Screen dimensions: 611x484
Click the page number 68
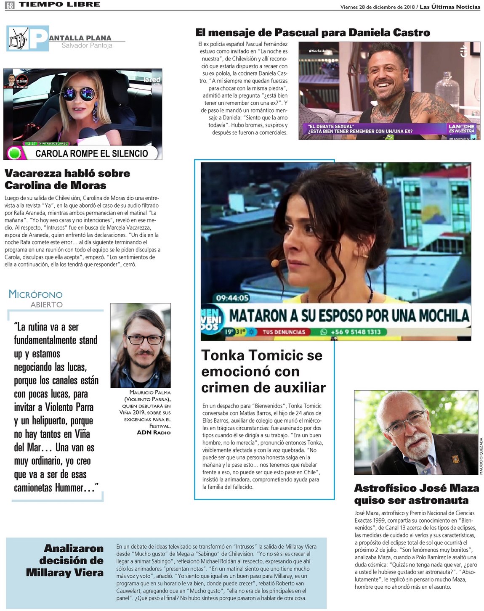click(x=9, y=5)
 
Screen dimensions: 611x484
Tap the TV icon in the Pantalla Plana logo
click(x=19, y=38)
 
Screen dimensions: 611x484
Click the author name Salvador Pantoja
click(x=87, y=45)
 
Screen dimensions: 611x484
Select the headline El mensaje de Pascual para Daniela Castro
click(x=313, y=32)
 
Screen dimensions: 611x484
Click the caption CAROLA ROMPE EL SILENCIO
click(x=91, y=153)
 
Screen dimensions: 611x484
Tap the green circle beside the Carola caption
click(x=15, y=153)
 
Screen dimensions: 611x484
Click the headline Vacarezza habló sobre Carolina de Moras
click(x=67, y=179)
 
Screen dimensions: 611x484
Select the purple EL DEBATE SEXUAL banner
click(x=375, y=129)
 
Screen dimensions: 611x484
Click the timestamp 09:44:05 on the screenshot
click(x=232, y=298)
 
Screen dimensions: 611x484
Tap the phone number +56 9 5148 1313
click(x=355, y=332)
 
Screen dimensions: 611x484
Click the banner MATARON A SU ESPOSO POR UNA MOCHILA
click(x=348, y=315)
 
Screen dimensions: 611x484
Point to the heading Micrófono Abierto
click(x=36, y=298)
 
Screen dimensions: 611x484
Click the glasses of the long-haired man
click(x=144, y=339)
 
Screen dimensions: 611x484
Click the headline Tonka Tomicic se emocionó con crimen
click(x=263, y=371)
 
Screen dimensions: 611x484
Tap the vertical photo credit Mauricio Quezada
click(x=481, y=456)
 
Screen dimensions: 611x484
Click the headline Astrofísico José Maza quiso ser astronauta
click(x=417, y=494)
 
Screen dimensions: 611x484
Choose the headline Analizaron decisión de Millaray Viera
click(x=65, y=560)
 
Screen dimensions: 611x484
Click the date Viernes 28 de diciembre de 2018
click(x=377, y=7)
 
